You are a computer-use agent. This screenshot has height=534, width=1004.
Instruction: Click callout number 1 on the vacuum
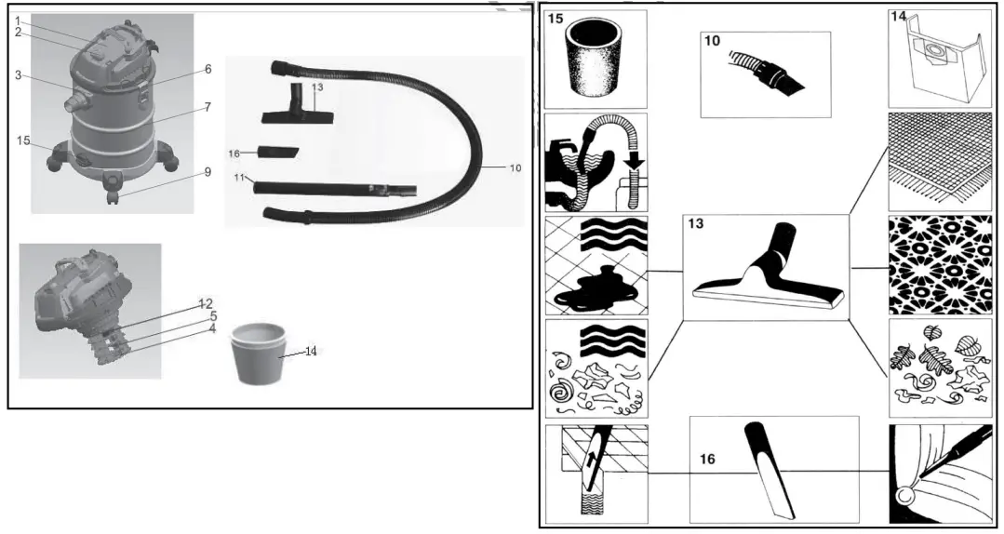18,20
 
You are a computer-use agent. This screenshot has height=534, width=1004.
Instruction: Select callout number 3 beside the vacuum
18,75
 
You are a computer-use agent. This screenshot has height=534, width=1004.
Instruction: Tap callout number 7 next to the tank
207,107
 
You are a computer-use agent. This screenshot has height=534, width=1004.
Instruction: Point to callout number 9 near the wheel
207,172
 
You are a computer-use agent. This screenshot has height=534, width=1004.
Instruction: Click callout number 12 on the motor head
206,304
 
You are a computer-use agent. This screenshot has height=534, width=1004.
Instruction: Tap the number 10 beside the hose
515,167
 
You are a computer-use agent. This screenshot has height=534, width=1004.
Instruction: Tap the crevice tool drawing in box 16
769,470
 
